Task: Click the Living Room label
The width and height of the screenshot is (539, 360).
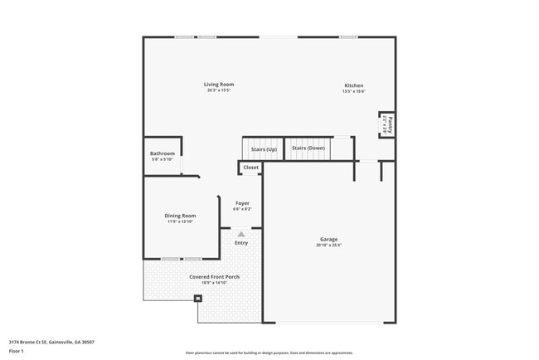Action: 220,85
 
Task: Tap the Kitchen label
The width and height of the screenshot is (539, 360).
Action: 354,85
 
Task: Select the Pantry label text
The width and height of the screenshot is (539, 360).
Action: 389,124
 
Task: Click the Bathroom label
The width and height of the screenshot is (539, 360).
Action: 162,153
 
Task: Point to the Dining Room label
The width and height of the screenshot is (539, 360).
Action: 180,216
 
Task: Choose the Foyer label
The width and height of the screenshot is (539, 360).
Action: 242,203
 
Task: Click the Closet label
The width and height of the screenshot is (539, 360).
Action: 250,168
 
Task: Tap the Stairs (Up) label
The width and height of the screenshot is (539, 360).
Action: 264,148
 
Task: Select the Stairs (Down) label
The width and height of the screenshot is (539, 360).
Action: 308,148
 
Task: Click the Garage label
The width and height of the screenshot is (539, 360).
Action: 329,239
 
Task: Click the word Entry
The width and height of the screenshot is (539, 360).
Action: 241,243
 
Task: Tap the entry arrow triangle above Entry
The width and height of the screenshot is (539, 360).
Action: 241,234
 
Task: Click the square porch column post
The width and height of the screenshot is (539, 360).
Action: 197,299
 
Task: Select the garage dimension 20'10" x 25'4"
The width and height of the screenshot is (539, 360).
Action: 329,246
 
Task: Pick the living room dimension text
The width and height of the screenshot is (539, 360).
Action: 220,90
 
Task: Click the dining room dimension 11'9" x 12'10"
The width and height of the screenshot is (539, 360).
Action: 180,221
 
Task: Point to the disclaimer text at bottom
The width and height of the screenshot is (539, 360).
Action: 269,353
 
